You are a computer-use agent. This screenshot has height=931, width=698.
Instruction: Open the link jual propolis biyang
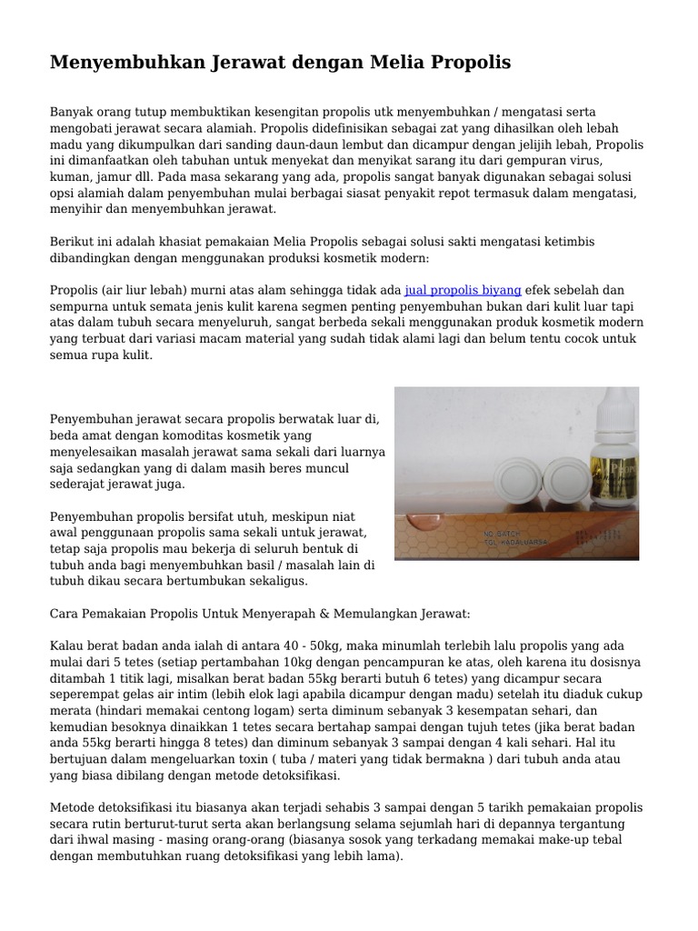coord(463,290)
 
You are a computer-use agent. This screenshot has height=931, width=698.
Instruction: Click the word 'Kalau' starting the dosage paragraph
coord(66,646)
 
